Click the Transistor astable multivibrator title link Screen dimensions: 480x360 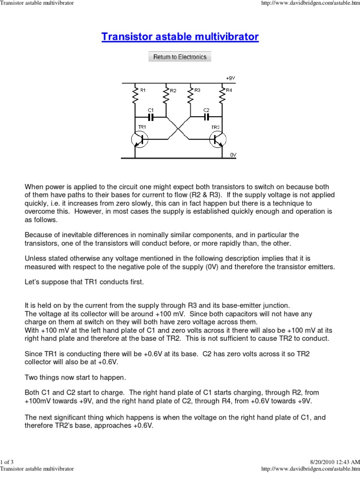pyautogui.click(x=180, y=37)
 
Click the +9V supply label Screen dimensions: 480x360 pyautogui.click(x=230, y=78)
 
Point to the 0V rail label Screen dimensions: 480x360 pyautogui.click(x=232, y=154)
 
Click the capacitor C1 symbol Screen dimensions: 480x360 pyautogui.click(x=150, y=116)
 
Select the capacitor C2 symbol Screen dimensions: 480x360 pyautogui.click(x=206, y=116)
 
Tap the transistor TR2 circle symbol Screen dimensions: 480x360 pyautogui.click(x=217, y=140)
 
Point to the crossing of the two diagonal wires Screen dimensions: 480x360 pyautogui.click(x=179, y=128)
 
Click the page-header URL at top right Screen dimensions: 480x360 pyautogui.click(x=310, y=4)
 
